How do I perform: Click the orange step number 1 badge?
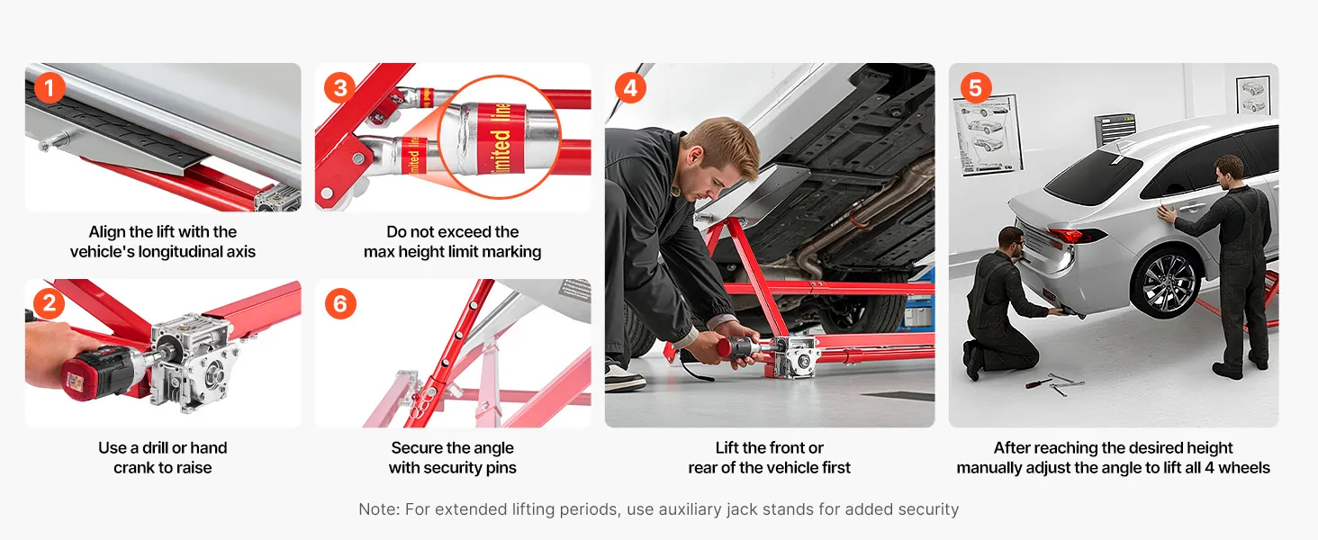click(50, 87)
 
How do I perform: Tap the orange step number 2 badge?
click(50, 303)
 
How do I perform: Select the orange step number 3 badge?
click(340, 87)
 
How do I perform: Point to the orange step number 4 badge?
click(631, 87)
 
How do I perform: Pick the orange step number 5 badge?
click(976, 87)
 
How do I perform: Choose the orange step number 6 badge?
click(340, 303)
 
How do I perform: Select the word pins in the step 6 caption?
click(501, 468)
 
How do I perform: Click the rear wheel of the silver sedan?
click(1166, 283)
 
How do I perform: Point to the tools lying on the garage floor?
click(1054, 382)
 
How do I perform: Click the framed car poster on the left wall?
click(986, 136)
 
